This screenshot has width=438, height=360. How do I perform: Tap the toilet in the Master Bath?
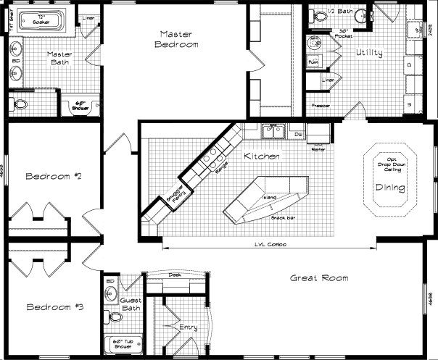tap(20, 104)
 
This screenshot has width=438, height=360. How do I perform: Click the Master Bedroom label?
tap(178, 39)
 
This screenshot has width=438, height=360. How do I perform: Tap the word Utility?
tap(369, 54)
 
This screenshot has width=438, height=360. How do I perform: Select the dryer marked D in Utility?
tap(410, 65)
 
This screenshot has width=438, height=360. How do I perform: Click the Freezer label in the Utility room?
tap(321, 105)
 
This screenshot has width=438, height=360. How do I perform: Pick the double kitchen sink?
tap(273, 131)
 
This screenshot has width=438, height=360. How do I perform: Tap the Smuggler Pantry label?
tap(173, 191)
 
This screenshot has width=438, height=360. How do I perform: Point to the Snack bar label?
tap(280, 217)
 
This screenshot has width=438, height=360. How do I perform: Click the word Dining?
tap(389, 188)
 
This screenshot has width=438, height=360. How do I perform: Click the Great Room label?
tap(319, 278)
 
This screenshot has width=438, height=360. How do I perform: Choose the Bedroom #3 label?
tap(54, 307)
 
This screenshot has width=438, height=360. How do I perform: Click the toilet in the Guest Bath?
tap(115, 317)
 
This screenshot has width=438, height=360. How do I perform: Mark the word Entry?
tap(188, 327)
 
